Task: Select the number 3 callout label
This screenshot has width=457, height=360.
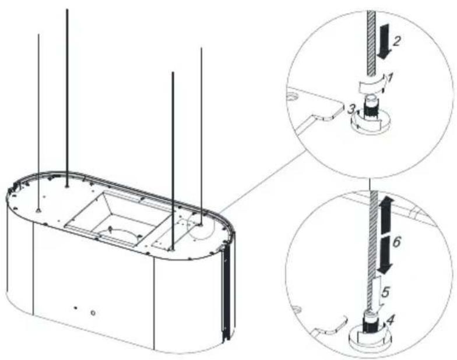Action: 351,110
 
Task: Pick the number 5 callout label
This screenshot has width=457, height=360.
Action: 386,292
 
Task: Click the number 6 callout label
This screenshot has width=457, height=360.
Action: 396,242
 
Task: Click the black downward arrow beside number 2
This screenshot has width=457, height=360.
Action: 382,42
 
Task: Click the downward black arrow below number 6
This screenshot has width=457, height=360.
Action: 385,254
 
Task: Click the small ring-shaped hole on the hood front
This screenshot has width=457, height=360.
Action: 93,313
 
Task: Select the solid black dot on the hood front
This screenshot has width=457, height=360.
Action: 76,308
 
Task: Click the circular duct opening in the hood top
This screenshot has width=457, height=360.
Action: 119,234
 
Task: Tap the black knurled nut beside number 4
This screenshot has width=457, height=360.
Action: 368,323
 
